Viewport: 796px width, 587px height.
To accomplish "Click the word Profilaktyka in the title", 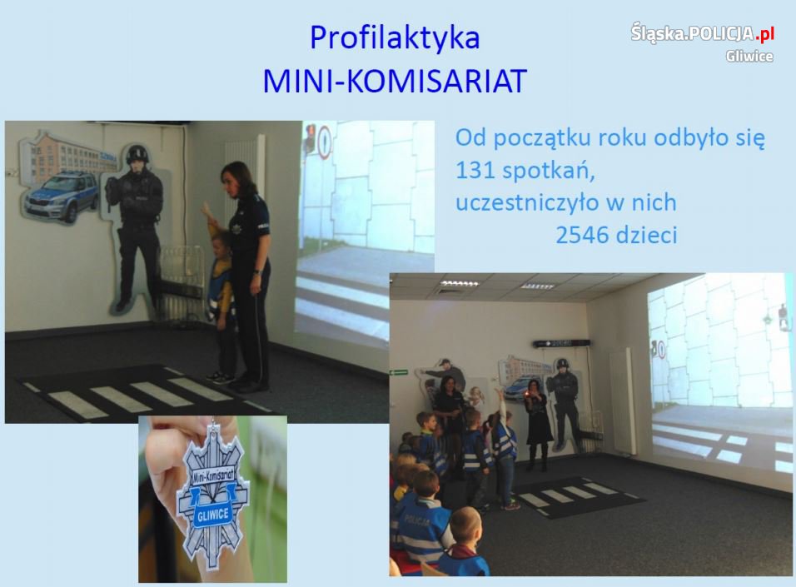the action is [x=395, y=38].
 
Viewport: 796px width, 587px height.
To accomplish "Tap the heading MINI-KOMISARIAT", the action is [x=395, y=81].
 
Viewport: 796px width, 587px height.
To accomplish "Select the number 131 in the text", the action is [x=475, y=170].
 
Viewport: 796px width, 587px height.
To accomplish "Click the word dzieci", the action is [x=646, y=235].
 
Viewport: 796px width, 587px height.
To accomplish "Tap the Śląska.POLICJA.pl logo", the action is [x=703, y=33].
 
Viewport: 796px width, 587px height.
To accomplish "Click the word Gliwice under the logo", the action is [x=749, y=56].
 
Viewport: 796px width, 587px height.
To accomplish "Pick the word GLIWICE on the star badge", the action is [x=212, y=515].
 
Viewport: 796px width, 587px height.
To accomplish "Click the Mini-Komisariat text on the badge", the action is [x=212, y=475].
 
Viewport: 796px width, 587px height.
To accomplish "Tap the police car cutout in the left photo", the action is [x=62, y=198].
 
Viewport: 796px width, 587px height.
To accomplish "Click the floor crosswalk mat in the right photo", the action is [x=578, y=496].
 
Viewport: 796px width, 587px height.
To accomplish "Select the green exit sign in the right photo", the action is [x=399, y=373].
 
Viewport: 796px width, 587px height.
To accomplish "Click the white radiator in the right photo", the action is [x=621, y=401].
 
